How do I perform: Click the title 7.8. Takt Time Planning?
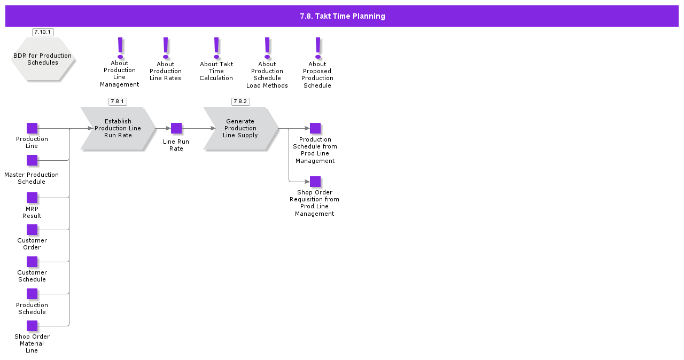[x=342, y=16]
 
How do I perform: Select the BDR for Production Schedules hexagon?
[x=43, y=59]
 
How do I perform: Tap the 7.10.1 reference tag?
[x=43, y=32]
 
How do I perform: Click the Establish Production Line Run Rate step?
[x=118, y=128]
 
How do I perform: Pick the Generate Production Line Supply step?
[x=240, y=128]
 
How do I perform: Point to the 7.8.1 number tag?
[x=118, y=101]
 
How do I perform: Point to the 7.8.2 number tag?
[x=240, y=101]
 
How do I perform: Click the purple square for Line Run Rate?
[x=176, y=128]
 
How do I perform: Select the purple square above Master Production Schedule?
[x=32, y=160]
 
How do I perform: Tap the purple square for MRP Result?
[x=32, y=198]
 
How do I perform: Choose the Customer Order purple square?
[x=32, y=230]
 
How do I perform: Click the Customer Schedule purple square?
[x=32, y=262]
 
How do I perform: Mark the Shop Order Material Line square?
[x=32, y=326]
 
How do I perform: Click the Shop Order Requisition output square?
[x=315, y=182]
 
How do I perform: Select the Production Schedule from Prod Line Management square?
[x=315, y=128]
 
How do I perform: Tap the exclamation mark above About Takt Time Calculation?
[x=216, y=48]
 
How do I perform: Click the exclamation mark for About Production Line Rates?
[x=166, y=48]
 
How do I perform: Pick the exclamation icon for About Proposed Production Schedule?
[x=318, y=48]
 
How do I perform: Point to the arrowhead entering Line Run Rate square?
[x=168, y=128]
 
